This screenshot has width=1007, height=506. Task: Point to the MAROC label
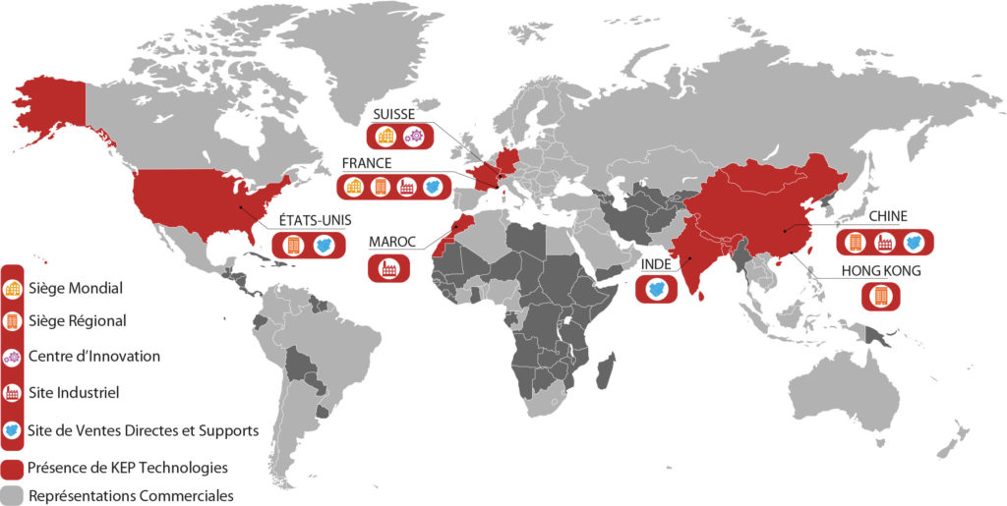392,242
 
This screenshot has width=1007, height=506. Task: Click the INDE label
656,264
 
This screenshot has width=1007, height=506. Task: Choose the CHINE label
887,216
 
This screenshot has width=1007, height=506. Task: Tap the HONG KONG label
881,270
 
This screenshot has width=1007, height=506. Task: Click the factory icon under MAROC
389,266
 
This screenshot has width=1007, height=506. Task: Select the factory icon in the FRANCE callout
405,186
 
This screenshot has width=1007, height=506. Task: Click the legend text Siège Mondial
77,289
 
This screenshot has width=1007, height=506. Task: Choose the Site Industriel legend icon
14,392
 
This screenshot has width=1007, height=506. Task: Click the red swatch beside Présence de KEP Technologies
13,468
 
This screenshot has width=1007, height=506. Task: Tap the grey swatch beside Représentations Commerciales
13,494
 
